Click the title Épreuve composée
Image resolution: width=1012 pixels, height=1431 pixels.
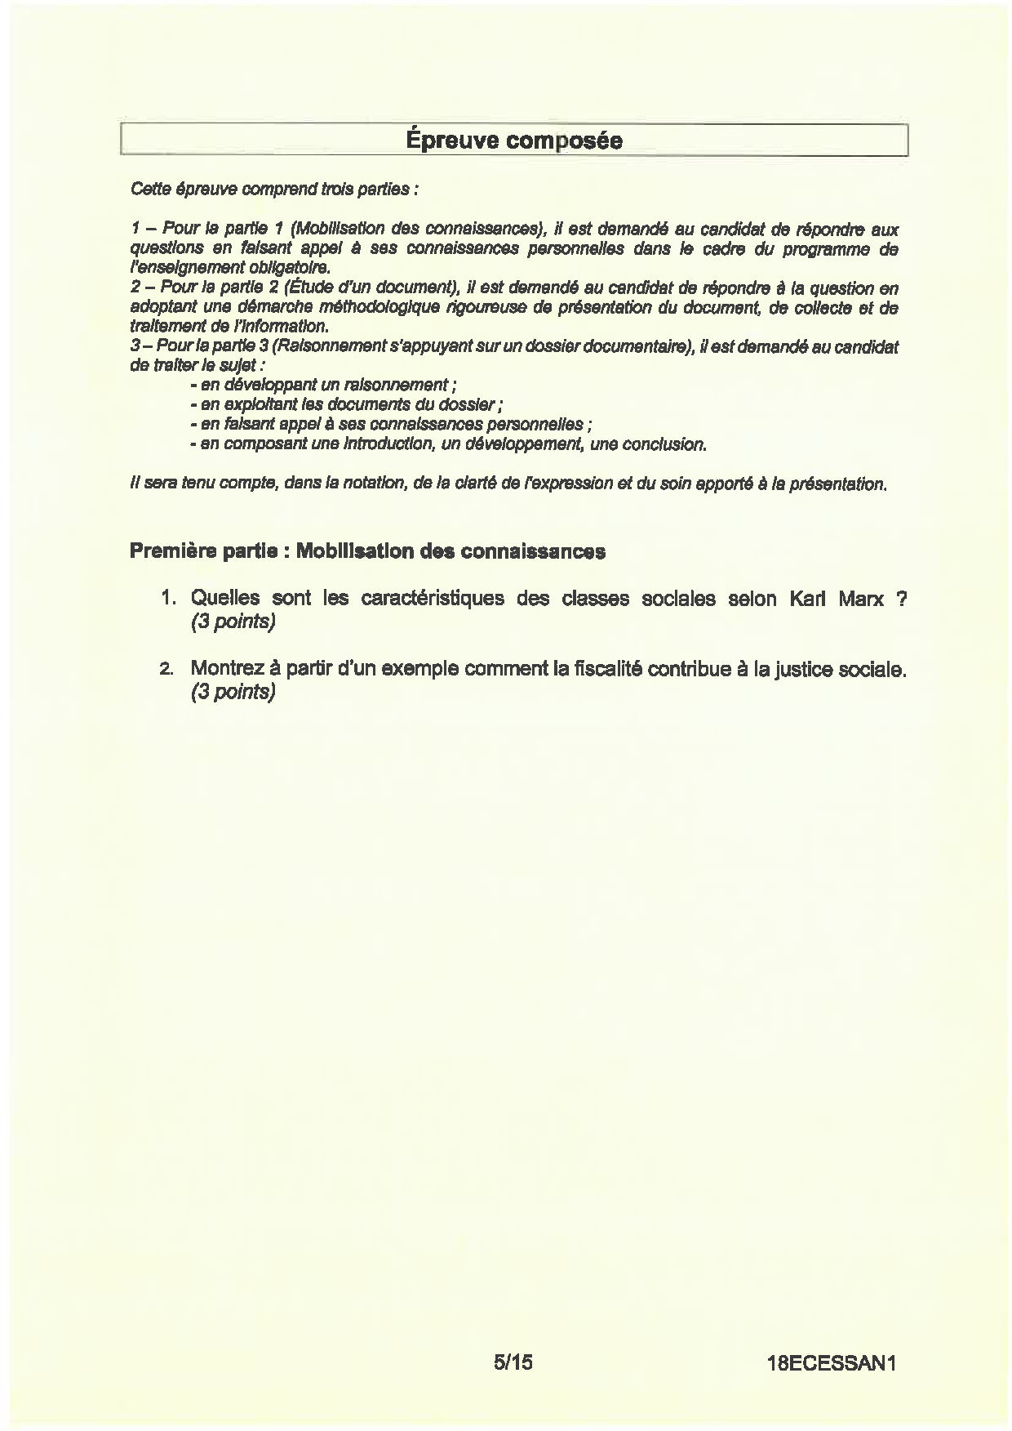tap(513, 140)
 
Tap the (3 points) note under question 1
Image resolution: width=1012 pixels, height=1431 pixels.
tap(233, 622)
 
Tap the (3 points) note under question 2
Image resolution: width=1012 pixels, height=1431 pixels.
tap(233, 692)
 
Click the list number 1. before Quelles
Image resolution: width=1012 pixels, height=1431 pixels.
tap(168, 599)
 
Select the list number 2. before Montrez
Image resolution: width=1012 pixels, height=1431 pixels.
tap(167, 670)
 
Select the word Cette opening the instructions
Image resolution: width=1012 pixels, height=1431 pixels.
tap(148, 189)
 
